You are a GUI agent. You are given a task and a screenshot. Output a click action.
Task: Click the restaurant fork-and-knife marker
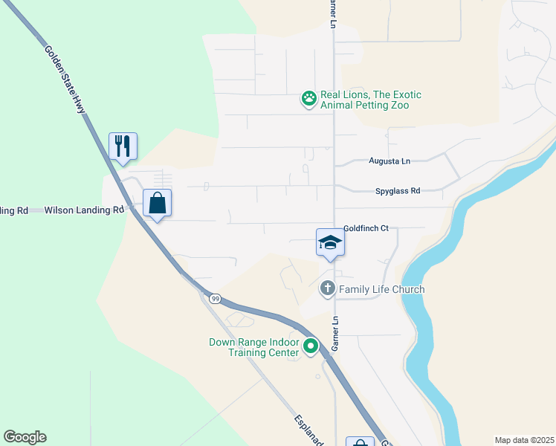click(123, 146)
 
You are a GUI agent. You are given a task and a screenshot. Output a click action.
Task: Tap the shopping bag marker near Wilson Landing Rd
click(158, 203)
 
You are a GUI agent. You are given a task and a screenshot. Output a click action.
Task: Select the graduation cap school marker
click(330, 242)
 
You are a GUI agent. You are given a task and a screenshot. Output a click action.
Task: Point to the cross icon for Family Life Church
click(328, 288)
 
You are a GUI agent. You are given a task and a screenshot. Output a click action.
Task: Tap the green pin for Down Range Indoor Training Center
click(311, 346)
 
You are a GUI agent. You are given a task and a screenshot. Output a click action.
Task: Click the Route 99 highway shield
click(215, 298)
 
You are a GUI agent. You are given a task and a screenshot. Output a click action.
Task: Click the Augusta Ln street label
click(389, 161)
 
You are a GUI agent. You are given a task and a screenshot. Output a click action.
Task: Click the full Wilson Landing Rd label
click(83, 210)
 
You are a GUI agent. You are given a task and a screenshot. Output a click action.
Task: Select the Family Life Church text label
click(382, 289)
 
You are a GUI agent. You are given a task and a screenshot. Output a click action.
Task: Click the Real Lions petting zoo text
click(370, 100)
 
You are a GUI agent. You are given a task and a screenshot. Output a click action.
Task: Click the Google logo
click(25, 437)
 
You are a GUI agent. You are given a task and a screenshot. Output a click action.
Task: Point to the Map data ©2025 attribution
click(523, 440)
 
